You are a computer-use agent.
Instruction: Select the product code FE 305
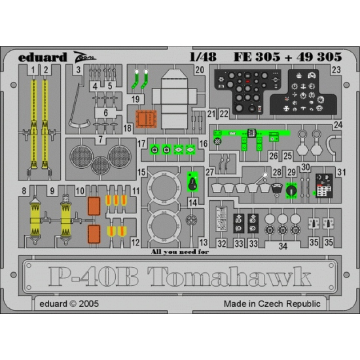tap(254, 58)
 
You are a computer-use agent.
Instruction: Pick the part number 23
tap(336, 70)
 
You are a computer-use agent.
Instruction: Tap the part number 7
tap(101, 139)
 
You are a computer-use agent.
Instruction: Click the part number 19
tap(135, 99)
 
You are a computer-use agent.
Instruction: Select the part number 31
tap(342, 172)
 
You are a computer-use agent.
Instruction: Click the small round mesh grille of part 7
tap(101, 165)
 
